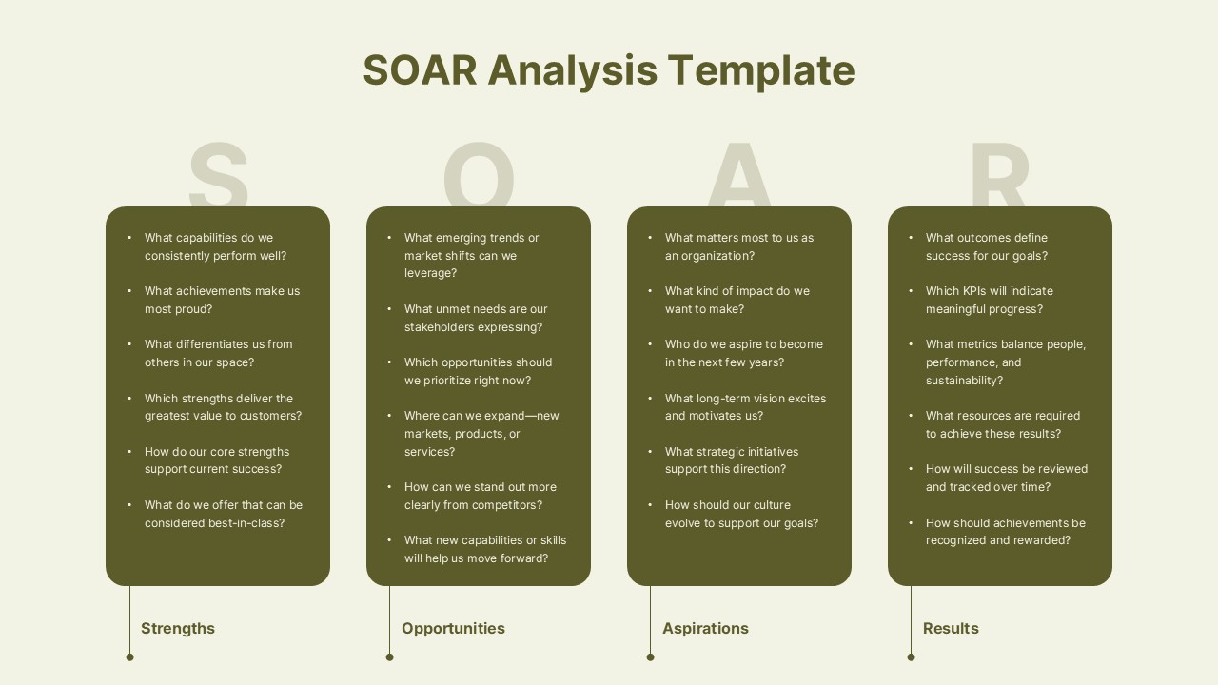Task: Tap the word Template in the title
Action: [x=760, y=70]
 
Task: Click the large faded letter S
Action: [x=218, y=176]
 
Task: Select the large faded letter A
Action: [x=739, y=176]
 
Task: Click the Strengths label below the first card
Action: [x=178, y=628]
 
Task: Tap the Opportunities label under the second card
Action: [x=453, y=628]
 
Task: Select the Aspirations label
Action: [x=705, y=628]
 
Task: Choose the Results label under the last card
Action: [x=951, y=628]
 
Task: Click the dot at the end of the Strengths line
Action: [x=130, y=656]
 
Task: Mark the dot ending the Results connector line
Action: [x=912, y=656]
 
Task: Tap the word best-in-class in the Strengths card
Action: [x=246, y=523]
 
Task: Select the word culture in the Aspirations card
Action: [x=768, y=505]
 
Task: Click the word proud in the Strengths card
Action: [x=193, y=309]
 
